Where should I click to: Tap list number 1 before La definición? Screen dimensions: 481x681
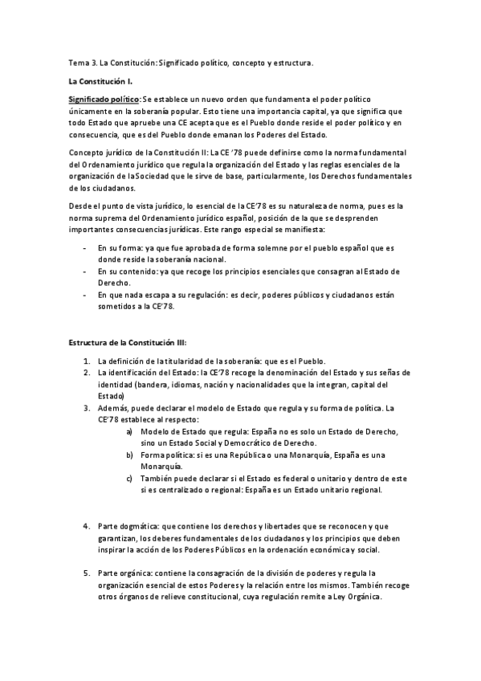coord(87,361)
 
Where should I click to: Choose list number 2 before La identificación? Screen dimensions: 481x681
coord(87,373)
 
